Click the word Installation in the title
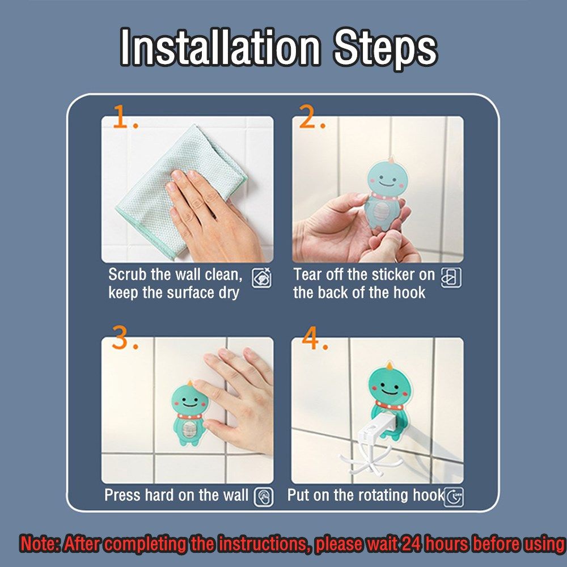220,48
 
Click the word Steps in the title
386,50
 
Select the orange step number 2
312,117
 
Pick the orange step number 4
315,338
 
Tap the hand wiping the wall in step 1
213,217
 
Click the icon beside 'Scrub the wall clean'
261,278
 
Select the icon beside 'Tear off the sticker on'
451,278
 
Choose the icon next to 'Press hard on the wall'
264,497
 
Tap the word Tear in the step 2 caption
307,274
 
